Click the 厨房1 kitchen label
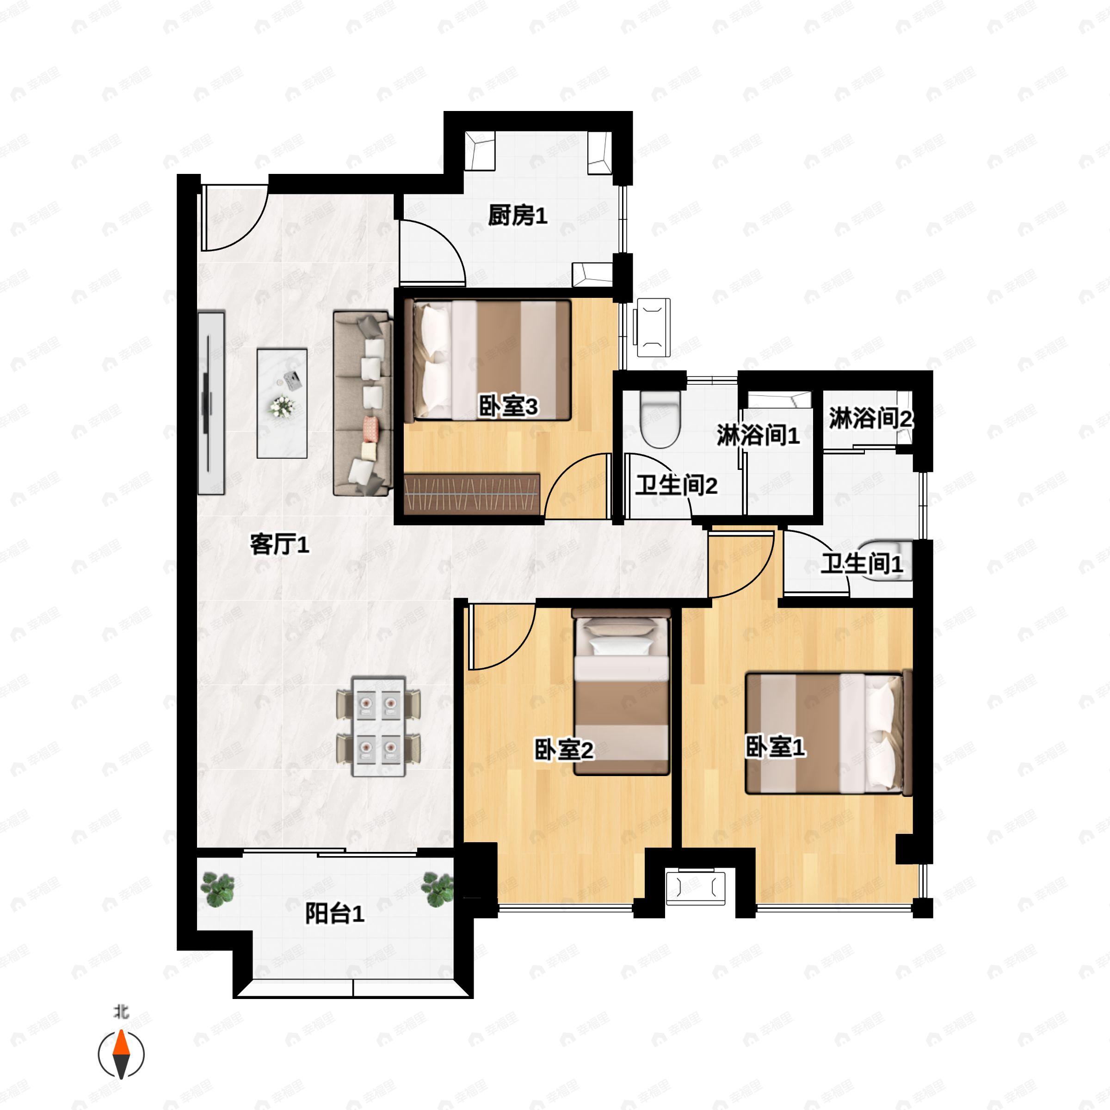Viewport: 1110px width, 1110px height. coord(517,216)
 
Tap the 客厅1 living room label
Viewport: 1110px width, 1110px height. coord(279,543)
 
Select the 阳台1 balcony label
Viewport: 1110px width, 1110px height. coord(334,913)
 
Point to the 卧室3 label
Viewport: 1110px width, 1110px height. coord(508,407)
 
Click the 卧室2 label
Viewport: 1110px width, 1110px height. coord(563,750)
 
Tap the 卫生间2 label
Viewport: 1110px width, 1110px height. coord(676,486)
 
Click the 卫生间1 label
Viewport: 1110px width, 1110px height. coord(861,564)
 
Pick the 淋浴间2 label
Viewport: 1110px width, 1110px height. coord(870,418)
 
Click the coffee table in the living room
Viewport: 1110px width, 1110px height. coord(282,403)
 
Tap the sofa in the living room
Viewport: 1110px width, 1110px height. coord(363,403)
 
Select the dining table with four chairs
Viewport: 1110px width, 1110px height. coord(378,726)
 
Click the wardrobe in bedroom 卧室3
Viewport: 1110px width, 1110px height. coord(472,493)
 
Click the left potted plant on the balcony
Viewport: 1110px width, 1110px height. coord(218,889)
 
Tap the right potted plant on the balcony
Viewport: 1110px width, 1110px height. coord(438,889)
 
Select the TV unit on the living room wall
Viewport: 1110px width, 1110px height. coord(211,403)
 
